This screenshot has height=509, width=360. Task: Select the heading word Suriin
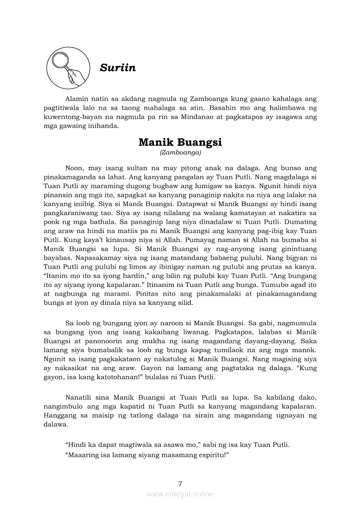coord(118,68)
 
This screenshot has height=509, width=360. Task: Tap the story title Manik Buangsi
coord(180,142)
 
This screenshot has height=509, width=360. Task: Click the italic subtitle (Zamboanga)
coord(180,152)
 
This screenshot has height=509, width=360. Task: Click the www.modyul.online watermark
coord(180,494)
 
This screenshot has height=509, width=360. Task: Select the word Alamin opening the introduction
coord(76,100)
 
